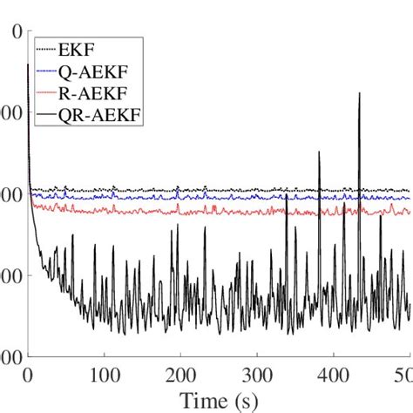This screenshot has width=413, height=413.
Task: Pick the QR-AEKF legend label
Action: click(97, 112)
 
